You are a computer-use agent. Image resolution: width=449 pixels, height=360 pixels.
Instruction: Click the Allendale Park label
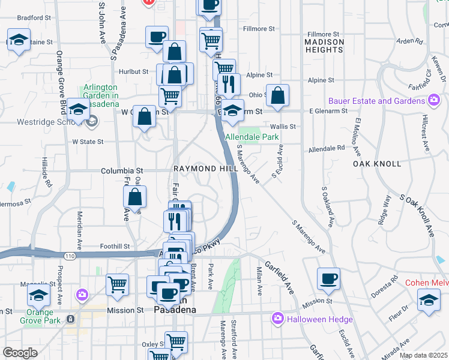tap(252, 137)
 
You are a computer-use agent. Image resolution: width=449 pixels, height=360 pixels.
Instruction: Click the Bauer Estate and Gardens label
tap(377, 101)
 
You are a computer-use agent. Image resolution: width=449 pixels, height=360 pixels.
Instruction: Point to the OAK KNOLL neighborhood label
tap(376, 164)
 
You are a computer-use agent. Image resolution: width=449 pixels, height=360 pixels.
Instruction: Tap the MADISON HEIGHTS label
tap(324, 46)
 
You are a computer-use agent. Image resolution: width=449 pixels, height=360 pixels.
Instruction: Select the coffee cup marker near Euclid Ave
tap(329, 278)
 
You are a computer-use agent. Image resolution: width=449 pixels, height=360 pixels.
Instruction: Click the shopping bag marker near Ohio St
tap(278, 95)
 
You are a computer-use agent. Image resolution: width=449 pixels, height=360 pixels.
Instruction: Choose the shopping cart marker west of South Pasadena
tap(117, 284)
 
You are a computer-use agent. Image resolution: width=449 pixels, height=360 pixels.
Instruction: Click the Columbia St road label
tap(122, 171)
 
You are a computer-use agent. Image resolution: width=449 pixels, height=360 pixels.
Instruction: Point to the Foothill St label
tap(115, 246)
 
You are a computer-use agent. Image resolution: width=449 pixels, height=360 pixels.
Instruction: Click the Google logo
tap(20, 353)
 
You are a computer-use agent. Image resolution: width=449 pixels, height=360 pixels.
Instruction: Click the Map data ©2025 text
tap(423, 355)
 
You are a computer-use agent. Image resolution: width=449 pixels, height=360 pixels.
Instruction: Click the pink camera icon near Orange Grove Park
tap(82, 295)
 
